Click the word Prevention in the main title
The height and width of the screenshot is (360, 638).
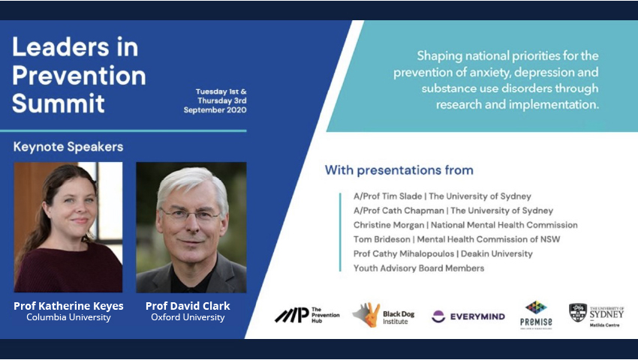click(80, 76)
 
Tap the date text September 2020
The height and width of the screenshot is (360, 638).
click(215, 110)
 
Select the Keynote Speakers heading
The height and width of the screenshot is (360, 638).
click(68, 147)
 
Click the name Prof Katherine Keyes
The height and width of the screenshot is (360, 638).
click(68, 306)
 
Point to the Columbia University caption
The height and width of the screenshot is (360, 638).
click(68, 317)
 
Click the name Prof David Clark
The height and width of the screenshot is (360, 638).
click(188, 306)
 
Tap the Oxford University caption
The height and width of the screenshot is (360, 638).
click(188, 317)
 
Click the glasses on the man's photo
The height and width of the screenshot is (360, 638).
click(191, 215)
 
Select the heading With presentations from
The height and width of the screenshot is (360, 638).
click(399, 170)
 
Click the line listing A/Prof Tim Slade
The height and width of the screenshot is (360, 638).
click(442, 196)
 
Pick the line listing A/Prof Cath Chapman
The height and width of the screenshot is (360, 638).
click(453, 211)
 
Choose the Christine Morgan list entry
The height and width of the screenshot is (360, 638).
click(465, 225)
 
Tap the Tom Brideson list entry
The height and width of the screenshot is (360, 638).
click(456, 239)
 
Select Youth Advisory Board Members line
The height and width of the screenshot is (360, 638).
click(419, 268)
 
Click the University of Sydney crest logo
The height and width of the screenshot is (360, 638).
click(577, 313)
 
